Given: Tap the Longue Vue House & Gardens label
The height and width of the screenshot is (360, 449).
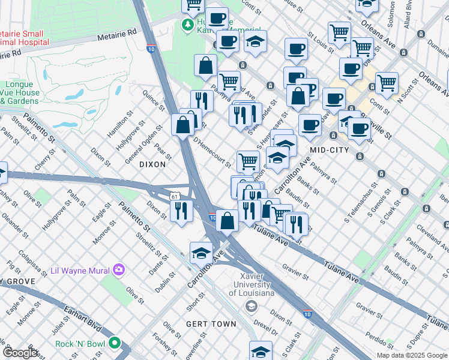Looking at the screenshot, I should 23,93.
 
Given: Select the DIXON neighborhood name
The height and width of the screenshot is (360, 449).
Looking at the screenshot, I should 152,164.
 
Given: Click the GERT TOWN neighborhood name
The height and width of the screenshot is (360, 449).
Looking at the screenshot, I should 211,324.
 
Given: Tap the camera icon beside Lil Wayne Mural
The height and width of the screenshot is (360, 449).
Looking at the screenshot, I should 119,269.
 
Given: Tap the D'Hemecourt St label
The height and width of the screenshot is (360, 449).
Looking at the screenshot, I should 212,152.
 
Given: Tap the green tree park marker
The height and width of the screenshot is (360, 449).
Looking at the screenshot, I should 188,25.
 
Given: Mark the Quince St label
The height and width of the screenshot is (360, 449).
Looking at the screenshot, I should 153,100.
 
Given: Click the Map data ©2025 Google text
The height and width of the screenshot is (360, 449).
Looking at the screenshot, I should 411,355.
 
